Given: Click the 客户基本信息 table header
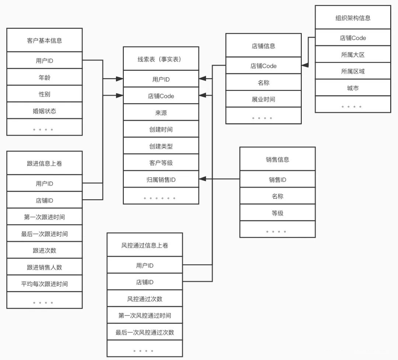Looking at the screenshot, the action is click(x=45, y=40).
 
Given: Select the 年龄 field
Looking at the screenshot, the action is click(x=45, y=77).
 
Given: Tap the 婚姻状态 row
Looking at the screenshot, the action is click(x=45, y=111).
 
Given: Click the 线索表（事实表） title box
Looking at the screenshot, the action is click(x=161, y=59).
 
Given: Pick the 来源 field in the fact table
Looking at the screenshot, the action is click(x=161, y=112).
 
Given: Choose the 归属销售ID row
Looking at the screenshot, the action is click(x=161, y=179).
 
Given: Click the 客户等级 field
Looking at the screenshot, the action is click(x=161, y=162).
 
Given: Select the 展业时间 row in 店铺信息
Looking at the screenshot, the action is click(x=263, y=99).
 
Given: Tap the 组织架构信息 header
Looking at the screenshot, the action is click(x=353, y=18).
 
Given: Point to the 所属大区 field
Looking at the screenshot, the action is click(x=353, y=54).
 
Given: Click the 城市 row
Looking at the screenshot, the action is click(x=353, y=88).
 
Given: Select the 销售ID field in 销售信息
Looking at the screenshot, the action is click(x=277, y=179).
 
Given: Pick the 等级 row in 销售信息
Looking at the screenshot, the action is click(x=277, y=213).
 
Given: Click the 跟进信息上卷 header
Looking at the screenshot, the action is click(x=45, y=163).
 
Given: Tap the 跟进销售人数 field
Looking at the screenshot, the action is click(x=45, y=267).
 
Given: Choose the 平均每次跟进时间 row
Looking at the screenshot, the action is click(x=45, y=284).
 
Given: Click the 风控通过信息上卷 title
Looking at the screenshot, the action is click(x=145, y=245).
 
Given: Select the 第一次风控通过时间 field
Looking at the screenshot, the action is click(x=145, y=315).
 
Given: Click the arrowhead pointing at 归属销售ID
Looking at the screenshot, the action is click(x=203, y=179).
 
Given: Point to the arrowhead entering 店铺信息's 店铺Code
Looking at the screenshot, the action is click(x=305, y=65).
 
